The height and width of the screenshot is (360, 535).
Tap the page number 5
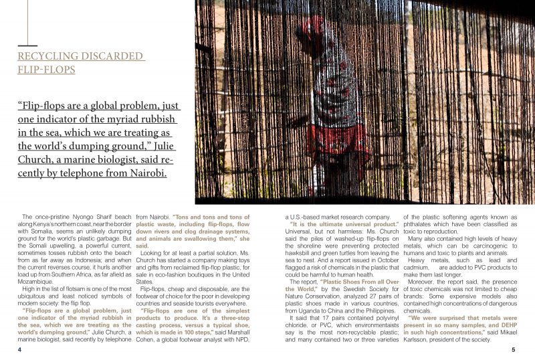(512, 349)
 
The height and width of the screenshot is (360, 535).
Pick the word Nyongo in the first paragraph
(78, 217)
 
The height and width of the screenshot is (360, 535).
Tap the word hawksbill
(300, 256)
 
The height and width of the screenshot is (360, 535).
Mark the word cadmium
(418, 264)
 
